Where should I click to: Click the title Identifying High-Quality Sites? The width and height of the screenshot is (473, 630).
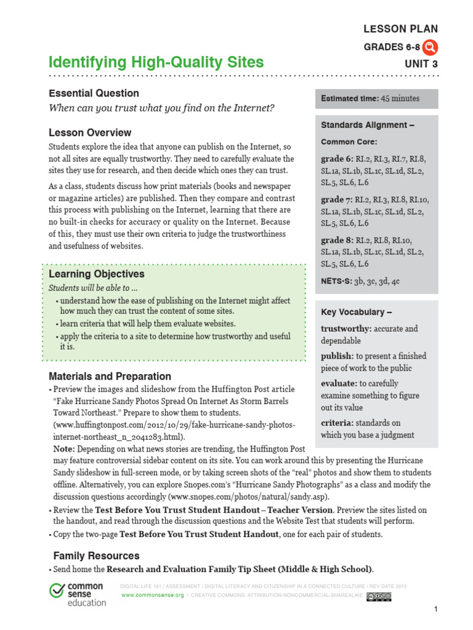click(x=156, y=62)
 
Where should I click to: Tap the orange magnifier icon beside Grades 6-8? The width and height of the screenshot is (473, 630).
click(x=431, y=47)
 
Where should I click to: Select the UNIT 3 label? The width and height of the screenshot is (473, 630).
click(x=421, y=63)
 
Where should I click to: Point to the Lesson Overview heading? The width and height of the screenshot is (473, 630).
click(x=90, y=133)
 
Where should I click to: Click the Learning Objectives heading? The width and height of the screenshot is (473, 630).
click(x=97, y=274)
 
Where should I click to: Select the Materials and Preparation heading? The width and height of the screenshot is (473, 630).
click(x=110, y=377)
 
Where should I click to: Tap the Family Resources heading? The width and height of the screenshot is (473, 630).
click(x=96, y=556)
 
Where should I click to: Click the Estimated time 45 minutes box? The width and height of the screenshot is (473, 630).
click(x=376, y=98)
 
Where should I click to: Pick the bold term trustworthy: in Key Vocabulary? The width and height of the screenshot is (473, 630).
click(x=346, y=329)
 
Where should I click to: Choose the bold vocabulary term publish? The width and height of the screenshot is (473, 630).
click(x=337, y=356)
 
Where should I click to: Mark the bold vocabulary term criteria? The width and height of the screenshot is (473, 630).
click(x=336, y=423)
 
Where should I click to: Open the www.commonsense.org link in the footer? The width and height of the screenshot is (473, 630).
click(x=153, y=596)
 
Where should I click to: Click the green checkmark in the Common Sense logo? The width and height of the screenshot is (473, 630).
click(x=57, y=589)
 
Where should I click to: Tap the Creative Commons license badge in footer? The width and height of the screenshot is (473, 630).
click(x=378, y=596)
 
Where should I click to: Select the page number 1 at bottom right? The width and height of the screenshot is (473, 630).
click(x=435, y=609)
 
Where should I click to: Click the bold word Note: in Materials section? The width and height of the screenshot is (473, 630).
click(x=64, y=449)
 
